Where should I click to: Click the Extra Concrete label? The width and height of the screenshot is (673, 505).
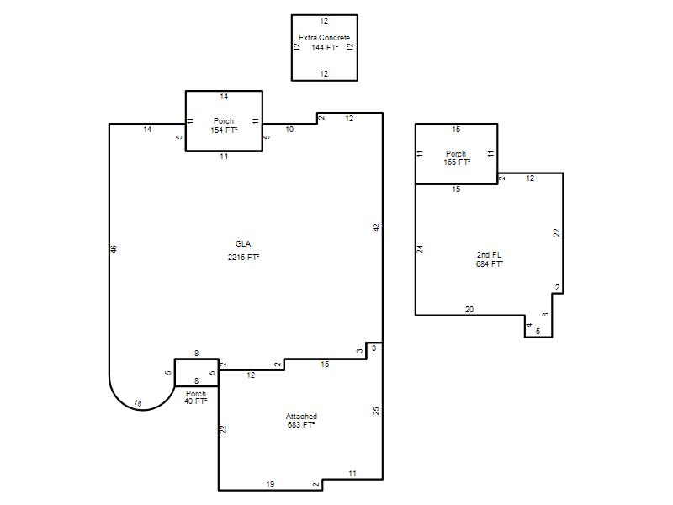pos(324,38)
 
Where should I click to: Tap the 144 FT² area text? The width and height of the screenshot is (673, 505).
pos(325,48)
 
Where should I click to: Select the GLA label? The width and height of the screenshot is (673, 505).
pos(243,244)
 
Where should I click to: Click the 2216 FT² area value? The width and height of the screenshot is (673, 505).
pos(243,258)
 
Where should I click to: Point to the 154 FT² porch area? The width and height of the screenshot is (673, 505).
pos(224,130)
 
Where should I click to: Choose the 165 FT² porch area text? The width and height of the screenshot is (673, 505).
pos(457,162)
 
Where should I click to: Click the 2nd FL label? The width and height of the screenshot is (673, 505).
pos(489,255)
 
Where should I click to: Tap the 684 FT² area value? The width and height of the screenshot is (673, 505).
pos(490,264)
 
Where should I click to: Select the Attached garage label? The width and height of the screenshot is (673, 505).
pos(301,417)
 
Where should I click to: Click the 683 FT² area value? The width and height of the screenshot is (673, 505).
pos(301,425)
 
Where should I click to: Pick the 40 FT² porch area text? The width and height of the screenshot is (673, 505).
pos(196,401)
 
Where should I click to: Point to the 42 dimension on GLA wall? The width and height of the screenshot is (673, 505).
pos(376,227)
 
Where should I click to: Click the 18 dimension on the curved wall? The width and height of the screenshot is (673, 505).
pos(138,403)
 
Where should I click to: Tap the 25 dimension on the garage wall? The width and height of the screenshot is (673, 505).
pos(376,411)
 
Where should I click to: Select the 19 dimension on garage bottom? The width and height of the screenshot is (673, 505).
pos(270,485)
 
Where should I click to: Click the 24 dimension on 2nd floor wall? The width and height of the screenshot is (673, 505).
pos(421,249)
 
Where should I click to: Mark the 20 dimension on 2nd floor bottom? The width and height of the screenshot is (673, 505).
pos(469,309)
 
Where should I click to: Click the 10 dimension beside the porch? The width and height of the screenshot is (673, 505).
pos(289,130)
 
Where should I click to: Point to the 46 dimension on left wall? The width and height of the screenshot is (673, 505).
pos(114,249)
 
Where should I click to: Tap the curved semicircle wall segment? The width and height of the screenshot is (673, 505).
pos(142,410)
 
